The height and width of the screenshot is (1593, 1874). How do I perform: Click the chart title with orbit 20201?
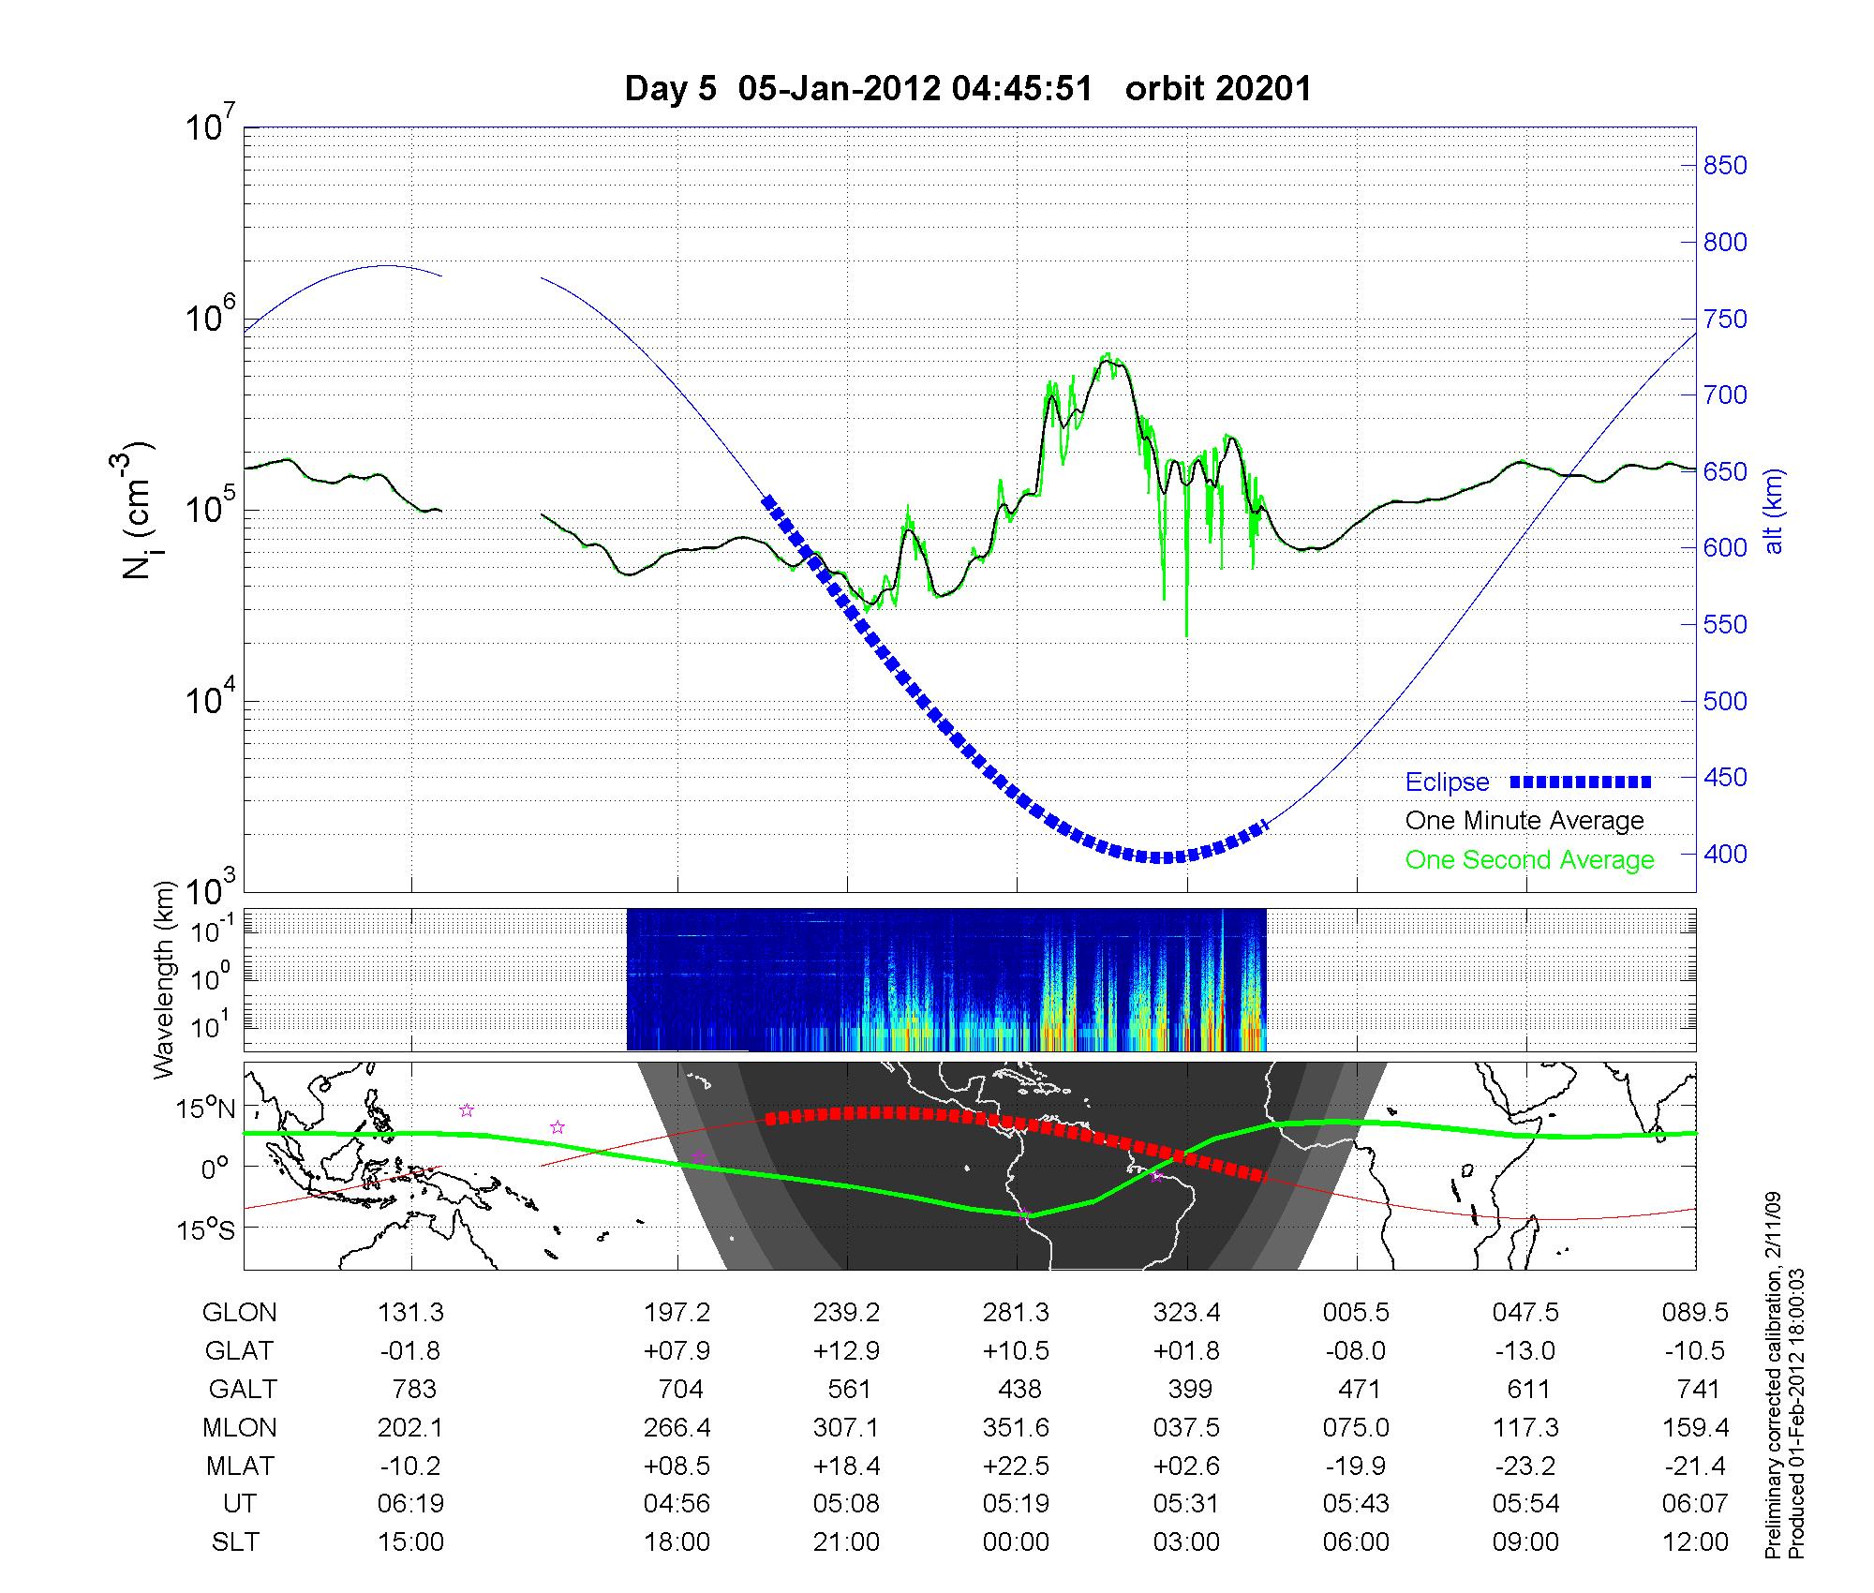968,88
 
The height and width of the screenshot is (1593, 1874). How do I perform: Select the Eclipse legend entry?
1447,782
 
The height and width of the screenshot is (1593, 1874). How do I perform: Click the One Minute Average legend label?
1524,821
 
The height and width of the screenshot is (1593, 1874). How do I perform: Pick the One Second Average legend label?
1529,859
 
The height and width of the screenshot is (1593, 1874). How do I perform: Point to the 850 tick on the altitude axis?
1725,166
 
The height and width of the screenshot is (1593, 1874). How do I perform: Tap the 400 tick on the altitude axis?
1725,854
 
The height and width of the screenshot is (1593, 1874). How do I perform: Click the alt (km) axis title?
1774,511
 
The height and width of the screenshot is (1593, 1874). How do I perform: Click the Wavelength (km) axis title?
165,980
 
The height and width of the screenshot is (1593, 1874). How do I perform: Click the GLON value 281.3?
1017,1313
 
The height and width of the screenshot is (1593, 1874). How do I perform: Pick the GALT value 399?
1190,1389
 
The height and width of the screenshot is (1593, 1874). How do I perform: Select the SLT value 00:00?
1017,1541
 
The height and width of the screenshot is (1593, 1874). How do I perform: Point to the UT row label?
240,1503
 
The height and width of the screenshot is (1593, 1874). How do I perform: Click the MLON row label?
240,1427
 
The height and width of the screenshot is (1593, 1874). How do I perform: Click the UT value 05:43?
1357,1503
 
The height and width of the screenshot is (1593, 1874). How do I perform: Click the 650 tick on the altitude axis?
1725,471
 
